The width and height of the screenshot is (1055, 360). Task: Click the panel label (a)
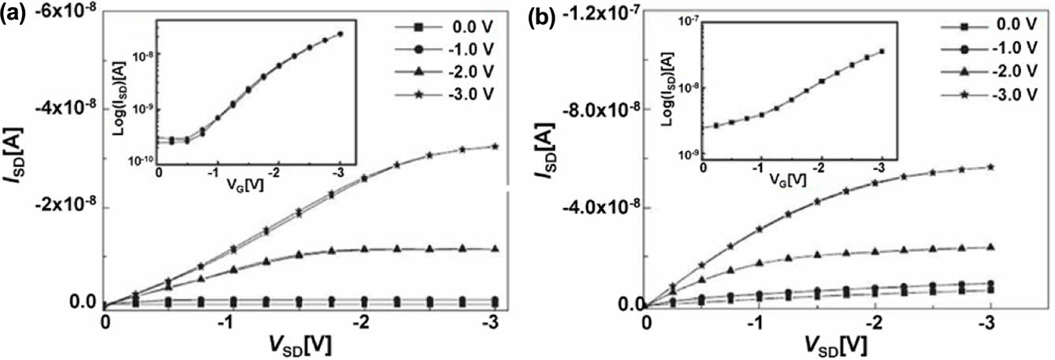click(15, 14)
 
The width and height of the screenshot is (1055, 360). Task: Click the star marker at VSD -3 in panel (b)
click(990, 167)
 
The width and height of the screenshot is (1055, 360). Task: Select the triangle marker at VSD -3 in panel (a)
click(449, 249)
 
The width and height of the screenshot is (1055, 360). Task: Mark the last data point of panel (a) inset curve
click(340, 34)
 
